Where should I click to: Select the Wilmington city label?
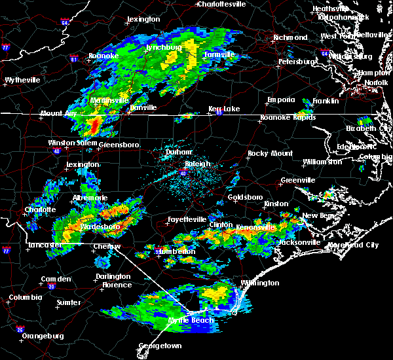(x=259, y=283)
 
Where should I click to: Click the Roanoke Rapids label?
(x=288, y=118)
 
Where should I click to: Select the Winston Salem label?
(x=71, y=143)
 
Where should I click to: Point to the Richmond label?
(x=271, y=38)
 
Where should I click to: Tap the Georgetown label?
(x=160, y=345)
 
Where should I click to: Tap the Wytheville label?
(x=22, y=80)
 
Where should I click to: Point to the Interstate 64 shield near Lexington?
(x=65, y=22)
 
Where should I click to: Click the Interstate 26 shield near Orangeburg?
(x=20, y=329)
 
